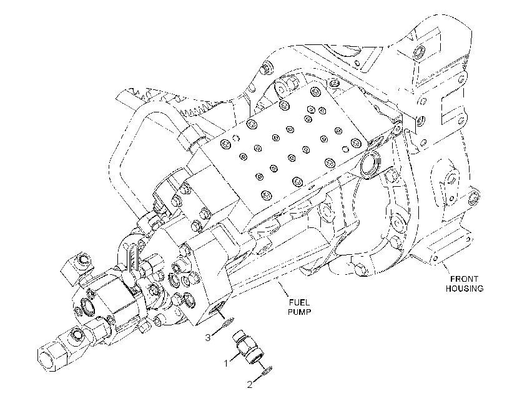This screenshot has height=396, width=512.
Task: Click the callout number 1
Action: (225, 363)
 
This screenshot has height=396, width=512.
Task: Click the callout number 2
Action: (250, 385)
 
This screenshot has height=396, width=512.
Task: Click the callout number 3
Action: (208, 337)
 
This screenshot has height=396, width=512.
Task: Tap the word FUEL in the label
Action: (299, 303)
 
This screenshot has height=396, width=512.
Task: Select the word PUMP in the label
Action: (299, 312)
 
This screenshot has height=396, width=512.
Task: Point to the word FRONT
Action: (464, 279)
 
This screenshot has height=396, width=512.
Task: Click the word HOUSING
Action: (465, 289)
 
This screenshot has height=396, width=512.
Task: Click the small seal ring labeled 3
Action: (227, 323)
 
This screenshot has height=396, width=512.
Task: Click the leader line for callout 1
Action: (236, 357)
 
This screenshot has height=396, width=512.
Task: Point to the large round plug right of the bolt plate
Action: (370, 164)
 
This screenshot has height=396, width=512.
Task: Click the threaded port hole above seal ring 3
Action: (215, 308)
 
